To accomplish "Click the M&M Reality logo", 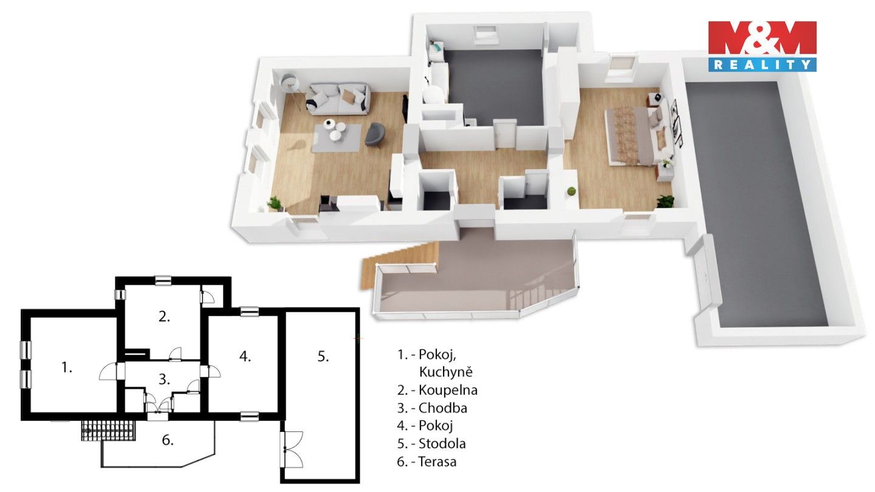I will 762,46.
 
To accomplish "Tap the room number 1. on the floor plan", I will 67,367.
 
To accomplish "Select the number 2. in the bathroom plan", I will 163,316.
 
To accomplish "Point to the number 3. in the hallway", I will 164,380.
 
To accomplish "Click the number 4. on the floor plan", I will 245,357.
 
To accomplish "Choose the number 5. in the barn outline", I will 323,357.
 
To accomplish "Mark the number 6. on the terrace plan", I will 167,440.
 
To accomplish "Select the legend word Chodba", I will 443,408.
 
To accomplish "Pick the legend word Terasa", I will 437,462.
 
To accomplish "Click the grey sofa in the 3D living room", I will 338,100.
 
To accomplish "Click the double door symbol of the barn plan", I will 292,449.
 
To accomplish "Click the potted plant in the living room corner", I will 276,203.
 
